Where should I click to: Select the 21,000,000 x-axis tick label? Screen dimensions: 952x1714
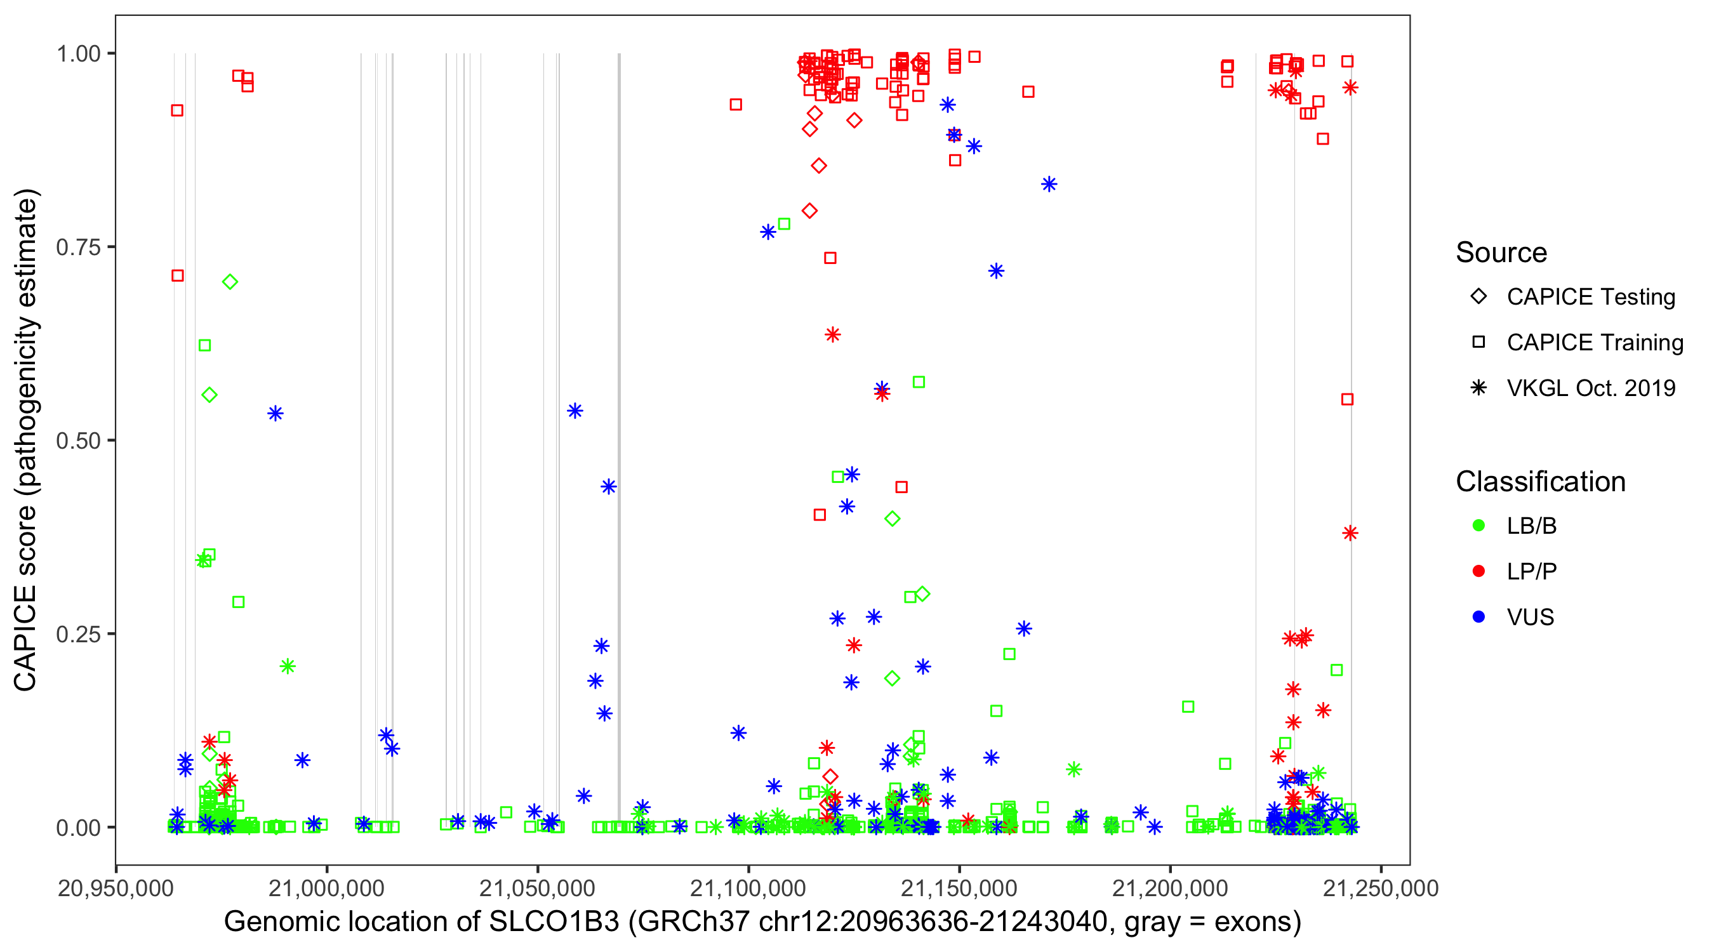[x=326, y=888]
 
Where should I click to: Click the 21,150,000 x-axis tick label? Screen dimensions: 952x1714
[x=959, y=888]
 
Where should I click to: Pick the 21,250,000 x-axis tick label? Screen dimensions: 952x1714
[x=1381, y=888]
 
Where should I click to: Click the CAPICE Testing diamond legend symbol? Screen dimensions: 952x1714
[x=1478, y=297]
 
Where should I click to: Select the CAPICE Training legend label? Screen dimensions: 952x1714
[x=1595, y=343]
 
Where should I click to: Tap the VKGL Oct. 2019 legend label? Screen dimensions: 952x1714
[x=1591, y=388]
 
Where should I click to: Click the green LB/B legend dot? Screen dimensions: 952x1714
[x=1478, y=526]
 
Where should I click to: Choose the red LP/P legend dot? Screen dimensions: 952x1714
[x=1478, y=571]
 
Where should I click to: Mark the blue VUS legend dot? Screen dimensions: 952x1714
[x=1478, y=618]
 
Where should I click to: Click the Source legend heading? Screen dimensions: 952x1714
[x=1501, y=253]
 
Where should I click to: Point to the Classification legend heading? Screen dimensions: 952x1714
[x=1540, y=482]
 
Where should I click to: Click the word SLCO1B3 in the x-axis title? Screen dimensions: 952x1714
[x=554, y=922]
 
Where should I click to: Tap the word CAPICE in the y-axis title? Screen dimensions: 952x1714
[x=25, y=638]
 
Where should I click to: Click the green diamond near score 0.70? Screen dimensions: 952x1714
[x=230, y=282]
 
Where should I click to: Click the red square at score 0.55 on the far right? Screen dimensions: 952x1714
[x=1347, y=400]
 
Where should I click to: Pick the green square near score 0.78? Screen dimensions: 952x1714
[x=784, y=224]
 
